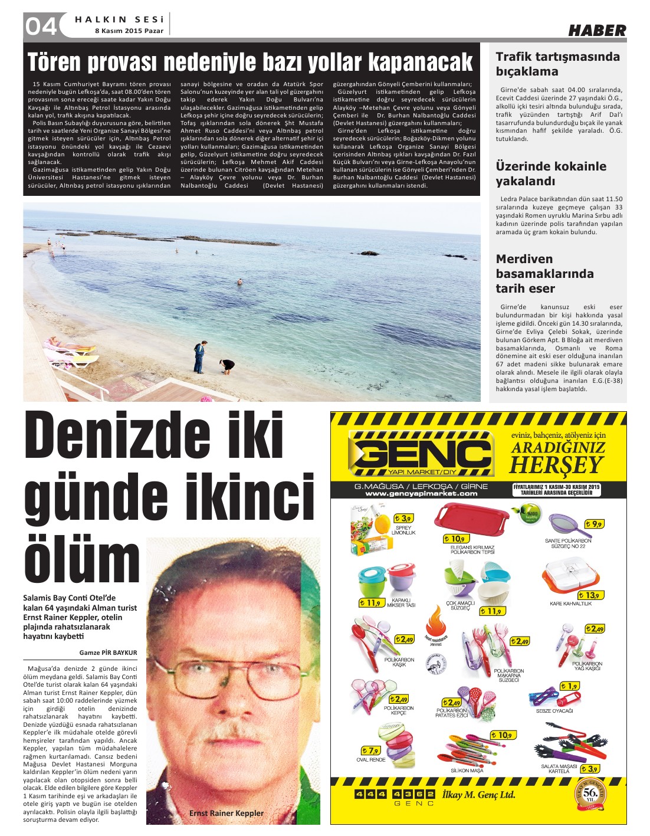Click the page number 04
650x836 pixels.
[41, 26]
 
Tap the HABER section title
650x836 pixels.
[597, 31]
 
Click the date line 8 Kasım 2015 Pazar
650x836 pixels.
[129, 31]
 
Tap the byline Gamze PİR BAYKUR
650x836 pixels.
[108, 653]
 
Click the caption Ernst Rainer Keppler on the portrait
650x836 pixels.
[226, 813]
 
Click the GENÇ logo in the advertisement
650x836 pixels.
[420, 453]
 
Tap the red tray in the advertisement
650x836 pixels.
[470, 517]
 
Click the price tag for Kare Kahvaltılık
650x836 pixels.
[589, 595]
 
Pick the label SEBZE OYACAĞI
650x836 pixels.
[554, 711]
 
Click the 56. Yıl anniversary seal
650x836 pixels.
[590, 793]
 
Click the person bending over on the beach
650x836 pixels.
[226, 366]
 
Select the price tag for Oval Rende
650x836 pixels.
[371, 750]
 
